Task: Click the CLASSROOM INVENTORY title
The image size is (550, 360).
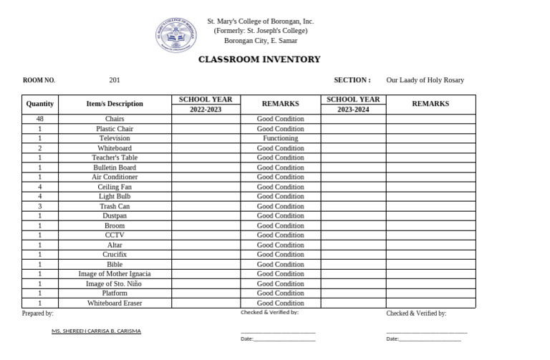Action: click(x=259, y=59)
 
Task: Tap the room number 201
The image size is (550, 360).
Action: click(x=115, y=80)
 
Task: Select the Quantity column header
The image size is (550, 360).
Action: click(x=40, y=104)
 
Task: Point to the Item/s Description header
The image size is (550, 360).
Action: click(x=115, y=104)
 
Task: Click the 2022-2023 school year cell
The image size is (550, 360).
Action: click(x=206, y=110)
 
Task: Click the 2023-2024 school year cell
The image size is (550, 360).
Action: click(x=353, y=110)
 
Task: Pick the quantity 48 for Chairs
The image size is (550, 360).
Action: click(x=40, y=119)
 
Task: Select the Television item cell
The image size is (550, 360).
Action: click(x=115, y=138)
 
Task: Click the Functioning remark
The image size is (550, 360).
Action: click(x=280, y=138)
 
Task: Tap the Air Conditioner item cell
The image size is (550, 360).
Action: click(x=115, y=177)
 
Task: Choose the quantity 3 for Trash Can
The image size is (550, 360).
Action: click(x=40, y=206)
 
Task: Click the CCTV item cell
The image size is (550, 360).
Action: click(x=115, y=235)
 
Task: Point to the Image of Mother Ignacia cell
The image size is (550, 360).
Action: click(x=115, y=273)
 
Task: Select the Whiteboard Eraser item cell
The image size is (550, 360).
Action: click(x=115, y=303)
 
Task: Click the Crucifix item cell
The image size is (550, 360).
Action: click(x=115, y=254)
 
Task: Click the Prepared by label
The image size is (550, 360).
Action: click(x=38, y=313)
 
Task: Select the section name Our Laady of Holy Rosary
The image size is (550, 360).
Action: click(x=425, y=80)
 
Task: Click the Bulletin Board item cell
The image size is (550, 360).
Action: click(x=115, y=167)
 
